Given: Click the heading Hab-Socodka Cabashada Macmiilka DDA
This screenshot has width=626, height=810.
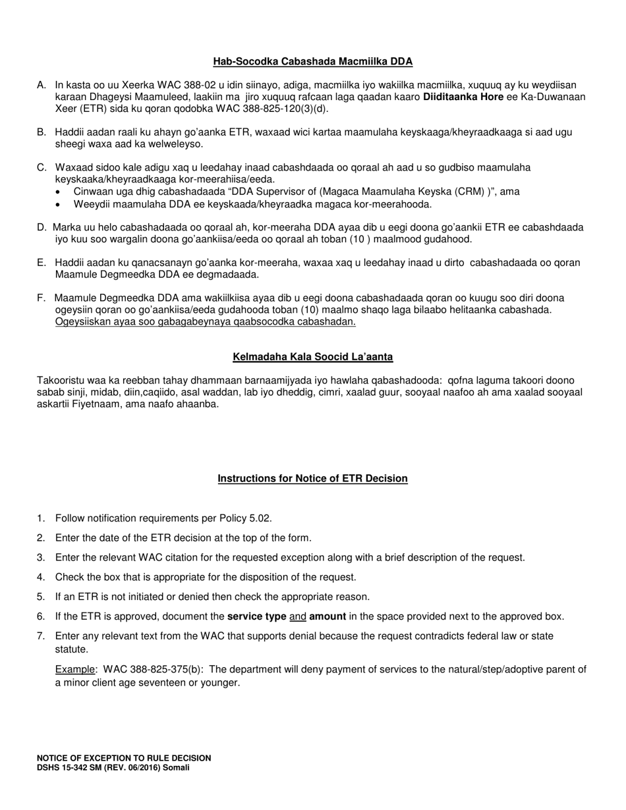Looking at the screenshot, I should pyautogui.click(x=312, y=62).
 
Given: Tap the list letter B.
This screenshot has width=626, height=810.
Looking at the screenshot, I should pyautogui.click(x=42, y=132).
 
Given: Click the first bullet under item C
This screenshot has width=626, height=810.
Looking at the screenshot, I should pyautogui.click(x=59, y=192).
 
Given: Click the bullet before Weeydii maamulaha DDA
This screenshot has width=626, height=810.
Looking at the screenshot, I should pyautogui.click(x=59, y=204).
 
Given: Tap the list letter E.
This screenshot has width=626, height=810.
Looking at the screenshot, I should pyautogui.click(x=42, y=263).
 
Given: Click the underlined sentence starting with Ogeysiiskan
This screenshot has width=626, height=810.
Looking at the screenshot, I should pyautogui.click(x=206, y=322).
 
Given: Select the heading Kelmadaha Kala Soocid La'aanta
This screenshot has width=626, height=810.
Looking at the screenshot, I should pyautogui.click(x=312, y=357).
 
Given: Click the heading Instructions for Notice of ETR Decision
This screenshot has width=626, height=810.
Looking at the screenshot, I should pyautogui.click(x=312, y=479).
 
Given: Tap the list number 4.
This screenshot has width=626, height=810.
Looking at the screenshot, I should pyautogui.click(x=41, y=578).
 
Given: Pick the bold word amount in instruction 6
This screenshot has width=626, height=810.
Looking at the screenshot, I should pyautogui.click(x=327, y=617).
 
